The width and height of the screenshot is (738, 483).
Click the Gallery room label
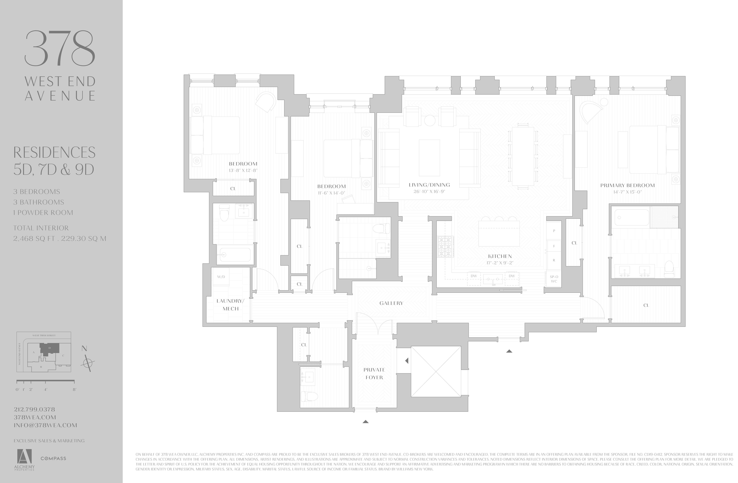click(391, 303)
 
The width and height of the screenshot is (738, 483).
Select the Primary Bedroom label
click(627, 185)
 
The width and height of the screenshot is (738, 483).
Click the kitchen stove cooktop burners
click(445, 247)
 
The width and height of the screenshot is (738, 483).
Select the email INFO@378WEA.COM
click(45, 425)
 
